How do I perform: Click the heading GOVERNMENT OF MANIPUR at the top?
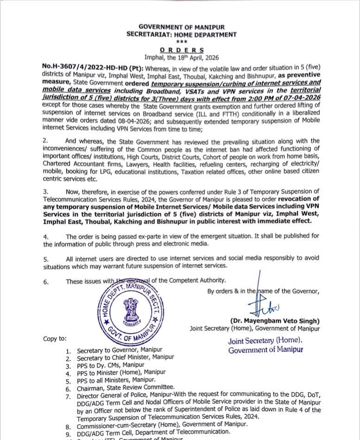181,27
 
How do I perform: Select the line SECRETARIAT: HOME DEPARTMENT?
181,35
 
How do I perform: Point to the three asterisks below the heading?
181,42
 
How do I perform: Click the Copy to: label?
55,339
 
